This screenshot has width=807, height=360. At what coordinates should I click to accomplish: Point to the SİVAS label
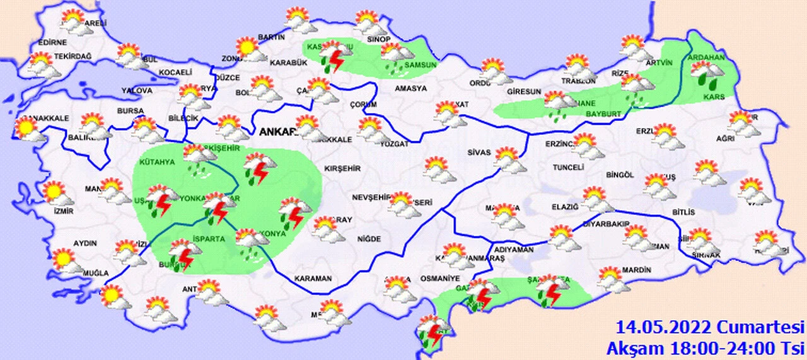479,152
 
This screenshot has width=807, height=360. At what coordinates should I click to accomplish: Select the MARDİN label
636,270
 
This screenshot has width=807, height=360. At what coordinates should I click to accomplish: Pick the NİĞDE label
369,239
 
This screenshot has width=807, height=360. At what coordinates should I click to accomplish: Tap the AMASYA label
410,88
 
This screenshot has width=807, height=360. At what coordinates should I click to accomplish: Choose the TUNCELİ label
568,168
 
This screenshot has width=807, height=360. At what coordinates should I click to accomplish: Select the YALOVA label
137,91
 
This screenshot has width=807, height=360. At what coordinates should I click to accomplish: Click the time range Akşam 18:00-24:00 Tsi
705,347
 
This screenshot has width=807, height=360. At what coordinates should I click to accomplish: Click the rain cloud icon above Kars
707,74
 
